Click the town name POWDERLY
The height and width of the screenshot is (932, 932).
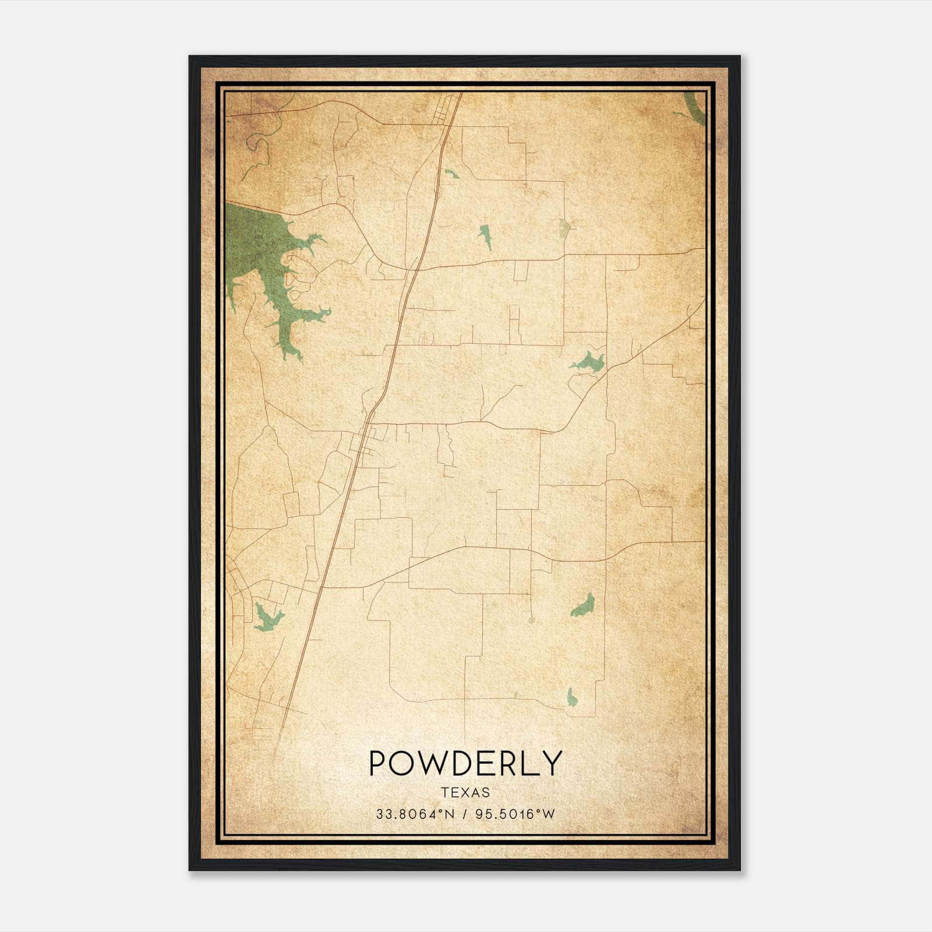point(465,763)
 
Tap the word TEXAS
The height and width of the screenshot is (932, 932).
point(465,792)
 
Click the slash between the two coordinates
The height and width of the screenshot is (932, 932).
point(464,814)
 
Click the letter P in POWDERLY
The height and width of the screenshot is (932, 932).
point(377,763)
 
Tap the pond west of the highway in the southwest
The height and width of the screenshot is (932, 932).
point(266,617)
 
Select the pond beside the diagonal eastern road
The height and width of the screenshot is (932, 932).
point(589,362)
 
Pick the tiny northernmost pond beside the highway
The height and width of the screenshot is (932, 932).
point(450,173)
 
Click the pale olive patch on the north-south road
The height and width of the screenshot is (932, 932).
point(563,228)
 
